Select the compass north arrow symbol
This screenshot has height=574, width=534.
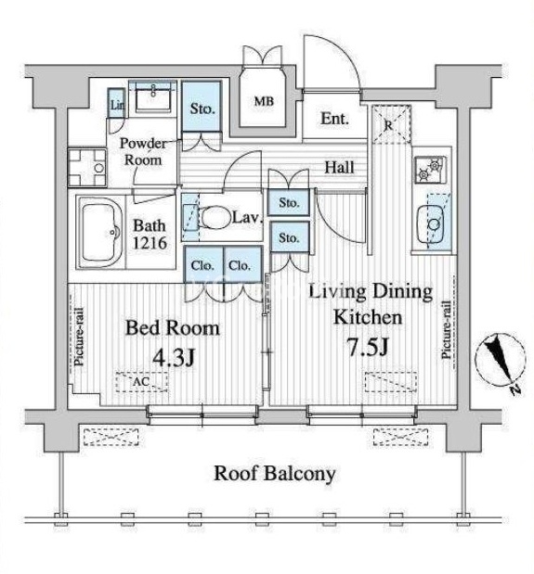pos(501,362)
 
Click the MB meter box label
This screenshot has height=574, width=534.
pos(264,101)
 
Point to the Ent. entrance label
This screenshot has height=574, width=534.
pos(334,119)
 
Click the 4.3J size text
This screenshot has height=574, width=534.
pos(174,358)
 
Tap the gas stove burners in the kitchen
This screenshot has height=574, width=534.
pos(431,169)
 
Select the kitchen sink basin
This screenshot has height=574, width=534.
pos(431,223)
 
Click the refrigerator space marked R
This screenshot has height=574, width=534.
pos(391,124)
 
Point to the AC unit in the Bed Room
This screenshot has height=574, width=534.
pos(142,382)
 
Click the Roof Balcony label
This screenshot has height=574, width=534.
pos(275,473)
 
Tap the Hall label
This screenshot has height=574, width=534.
pos(340,167)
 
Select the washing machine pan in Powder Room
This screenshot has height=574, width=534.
pos(87,168)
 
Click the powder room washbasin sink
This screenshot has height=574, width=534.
pos(153,96)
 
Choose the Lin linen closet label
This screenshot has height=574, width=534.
pos(117,106)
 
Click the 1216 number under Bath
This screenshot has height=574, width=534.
pos(150,243)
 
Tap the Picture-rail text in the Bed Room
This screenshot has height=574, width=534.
pos(79,338)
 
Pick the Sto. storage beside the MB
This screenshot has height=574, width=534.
pos(202,108)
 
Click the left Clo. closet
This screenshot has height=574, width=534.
pos(202,265)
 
